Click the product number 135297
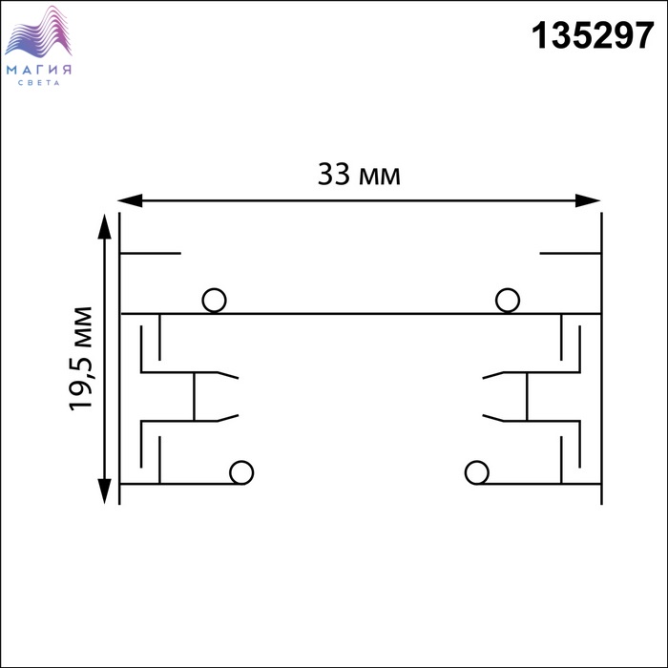pos(593,35)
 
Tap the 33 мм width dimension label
pos(359,175)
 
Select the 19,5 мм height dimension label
pos(80,359)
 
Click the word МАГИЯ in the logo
pos(39,70)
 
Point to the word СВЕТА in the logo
pos(39,83)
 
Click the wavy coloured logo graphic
pos(38,31)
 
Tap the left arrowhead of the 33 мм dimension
pos(130,200)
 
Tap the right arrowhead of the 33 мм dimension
pos(588,200)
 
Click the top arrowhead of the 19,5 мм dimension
pos(104,227)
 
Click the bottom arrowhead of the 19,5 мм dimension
pos(104,491)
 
